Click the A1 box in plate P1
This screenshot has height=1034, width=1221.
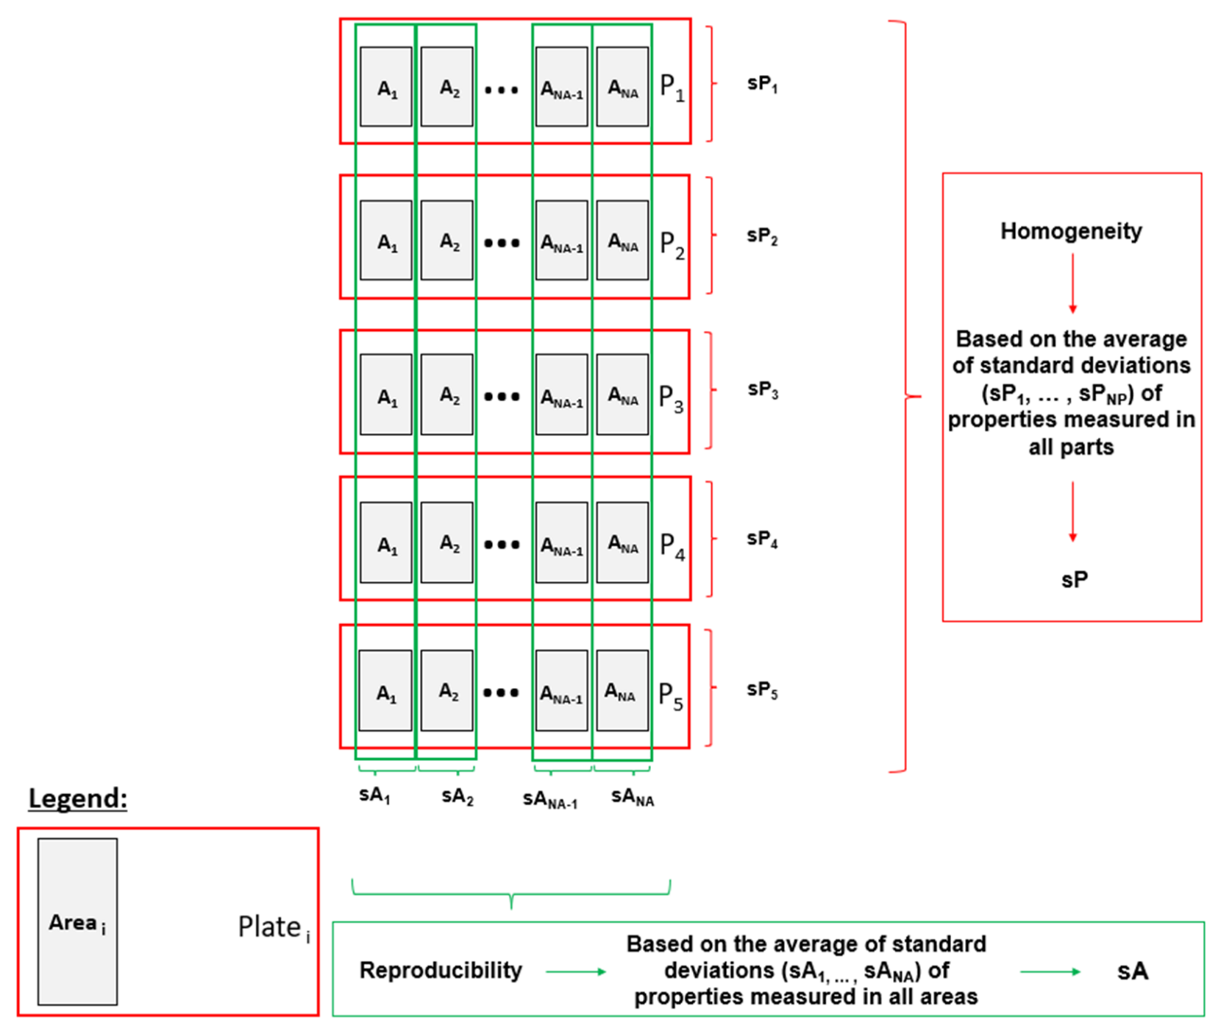coord(386,87)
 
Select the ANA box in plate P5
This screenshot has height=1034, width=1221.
coord(622,690)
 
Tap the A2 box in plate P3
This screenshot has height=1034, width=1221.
coord(447,394)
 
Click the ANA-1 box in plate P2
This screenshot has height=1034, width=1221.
coord(562,241)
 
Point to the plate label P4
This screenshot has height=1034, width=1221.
coord(672,546)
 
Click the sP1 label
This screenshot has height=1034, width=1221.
coord(763,84)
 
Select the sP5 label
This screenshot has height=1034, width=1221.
coord(763,690)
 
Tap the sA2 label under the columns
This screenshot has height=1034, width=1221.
coord(458,797)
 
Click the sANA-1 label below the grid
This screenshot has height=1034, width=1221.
coord(550,800)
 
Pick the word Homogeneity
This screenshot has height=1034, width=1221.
coord(1071,231)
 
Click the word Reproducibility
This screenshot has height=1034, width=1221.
coord(441,971)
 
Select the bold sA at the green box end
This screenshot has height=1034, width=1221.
coord(1132,971)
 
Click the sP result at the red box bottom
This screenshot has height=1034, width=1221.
coord(1074,580)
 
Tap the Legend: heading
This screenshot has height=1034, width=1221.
coord(78,798)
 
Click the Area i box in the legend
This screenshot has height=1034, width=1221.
coord(77,921)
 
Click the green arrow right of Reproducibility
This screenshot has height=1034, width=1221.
coord(576,971)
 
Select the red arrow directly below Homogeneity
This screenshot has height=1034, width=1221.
coord(1072,283)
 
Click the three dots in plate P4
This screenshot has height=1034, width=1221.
coord(502,545)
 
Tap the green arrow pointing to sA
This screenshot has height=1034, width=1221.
coord(1050,971)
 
